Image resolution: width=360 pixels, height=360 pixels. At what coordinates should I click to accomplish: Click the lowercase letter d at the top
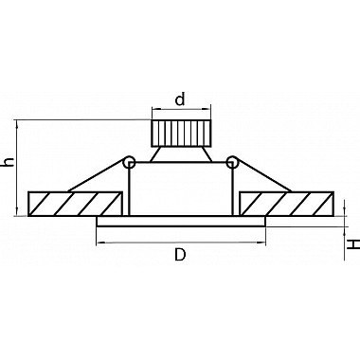click(180, 100)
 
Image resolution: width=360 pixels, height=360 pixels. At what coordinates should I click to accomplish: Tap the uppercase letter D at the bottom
click(180, 255)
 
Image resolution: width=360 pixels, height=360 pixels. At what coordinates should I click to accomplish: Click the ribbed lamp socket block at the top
click(181, 134)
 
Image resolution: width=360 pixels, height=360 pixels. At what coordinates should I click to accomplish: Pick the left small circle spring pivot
click(129, 162)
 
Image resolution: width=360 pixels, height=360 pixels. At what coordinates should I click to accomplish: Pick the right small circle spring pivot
click(232, 162)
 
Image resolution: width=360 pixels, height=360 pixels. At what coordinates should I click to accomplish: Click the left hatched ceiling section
click(75, 204)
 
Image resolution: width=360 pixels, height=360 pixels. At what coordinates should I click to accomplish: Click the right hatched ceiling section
click(287, 204)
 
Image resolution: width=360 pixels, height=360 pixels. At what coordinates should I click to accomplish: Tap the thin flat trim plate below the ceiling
click(181, 222)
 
